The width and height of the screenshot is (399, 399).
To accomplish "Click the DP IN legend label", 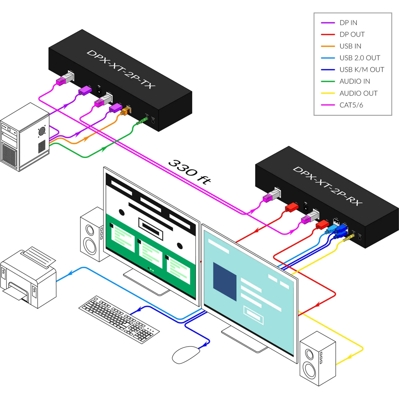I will pos(348,23).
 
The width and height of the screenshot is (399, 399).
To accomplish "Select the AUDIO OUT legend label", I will pos(358,93).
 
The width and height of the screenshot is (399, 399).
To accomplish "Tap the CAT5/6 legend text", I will pos(351,105).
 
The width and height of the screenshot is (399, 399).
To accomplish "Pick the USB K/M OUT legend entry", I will pos(362,70).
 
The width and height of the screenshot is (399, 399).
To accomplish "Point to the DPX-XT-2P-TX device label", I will pos(121,69).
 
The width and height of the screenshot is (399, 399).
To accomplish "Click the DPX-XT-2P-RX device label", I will pos(327,186).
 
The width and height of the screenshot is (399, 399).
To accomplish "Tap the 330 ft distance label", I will pos(190,172).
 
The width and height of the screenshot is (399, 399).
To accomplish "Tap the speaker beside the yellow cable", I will pos(318,358).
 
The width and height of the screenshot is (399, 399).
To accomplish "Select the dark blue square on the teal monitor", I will pos(225,281).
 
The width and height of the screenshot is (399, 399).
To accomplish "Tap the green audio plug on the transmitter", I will pos(142,121).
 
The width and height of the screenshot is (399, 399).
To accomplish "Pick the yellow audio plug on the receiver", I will pos(349,238).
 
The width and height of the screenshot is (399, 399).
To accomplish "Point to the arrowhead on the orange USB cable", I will pos(86,139).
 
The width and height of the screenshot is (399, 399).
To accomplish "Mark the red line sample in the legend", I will pos(328,35).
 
